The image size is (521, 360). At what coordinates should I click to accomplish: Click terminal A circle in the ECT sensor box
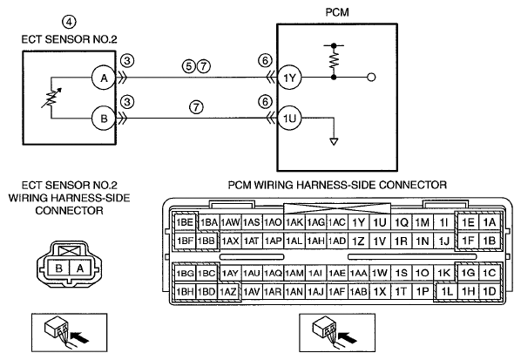click(104, 78)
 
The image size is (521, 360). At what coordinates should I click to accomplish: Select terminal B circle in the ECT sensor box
click(104, 119)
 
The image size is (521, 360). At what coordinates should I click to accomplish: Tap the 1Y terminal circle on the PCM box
click(289, 78)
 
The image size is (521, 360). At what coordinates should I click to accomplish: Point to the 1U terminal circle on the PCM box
click(289, 118)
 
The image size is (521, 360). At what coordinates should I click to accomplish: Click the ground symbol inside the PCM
click(334, 141)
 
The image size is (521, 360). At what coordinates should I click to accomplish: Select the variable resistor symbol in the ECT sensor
click(51, 98)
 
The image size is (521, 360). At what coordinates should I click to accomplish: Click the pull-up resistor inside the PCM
click(334, 61)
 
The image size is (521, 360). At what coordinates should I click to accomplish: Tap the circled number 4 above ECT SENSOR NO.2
click(69, 22)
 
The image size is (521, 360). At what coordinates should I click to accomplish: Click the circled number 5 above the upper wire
click(189, 66)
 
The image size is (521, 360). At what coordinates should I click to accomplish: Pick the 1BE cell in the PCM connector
click(185, 222)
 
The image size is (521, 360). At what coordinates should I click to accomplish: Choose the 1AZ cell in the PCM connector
click(228, 292)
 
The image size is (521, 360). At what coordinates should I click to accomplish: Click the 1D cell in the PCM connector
click(490, 291)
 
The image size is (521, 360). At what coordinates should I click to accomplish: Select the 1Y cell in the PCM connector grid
click(358, 222)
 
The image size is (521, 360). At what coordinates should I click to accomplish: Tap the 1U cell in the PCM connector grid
click(380, 222)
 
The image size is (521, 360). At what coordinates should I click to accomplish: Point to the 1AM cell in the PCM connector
click(294, 273)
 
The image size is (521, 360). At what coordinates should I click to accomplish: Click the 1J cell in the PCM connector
click(444, 241)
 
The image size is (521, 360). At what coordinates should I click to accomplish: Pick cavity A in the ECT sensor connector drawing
click(80, 268)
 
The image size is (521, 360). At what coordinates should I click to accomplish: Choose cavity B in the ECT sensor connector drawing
click(59, 268)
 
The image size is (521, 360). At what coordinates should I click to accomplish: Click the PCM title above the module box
click(337, 12)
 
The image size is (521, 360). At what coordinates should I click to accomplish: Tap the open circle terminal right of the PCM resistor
click(371, 78)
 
